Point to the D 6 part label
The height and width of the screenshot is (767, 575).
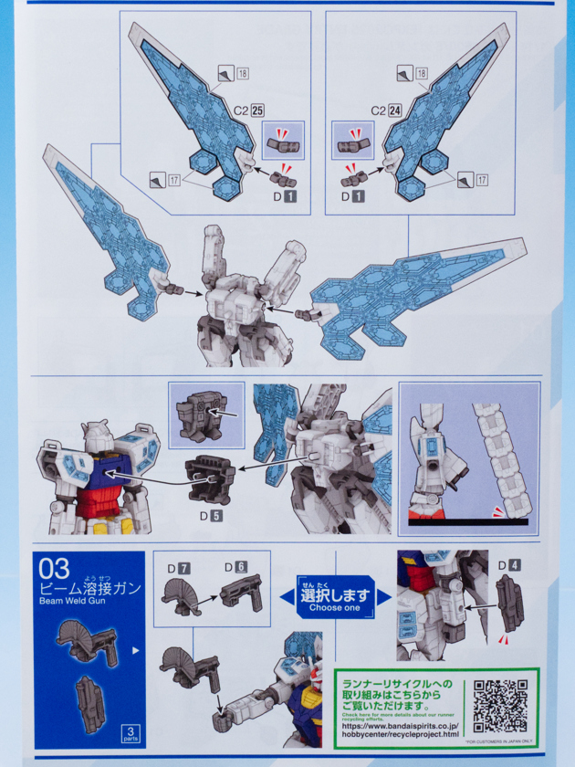[235, 568]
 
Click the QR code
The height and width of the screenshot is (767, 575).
[500, 706]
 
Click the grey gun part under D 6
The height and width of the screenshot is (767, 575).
[241, 594]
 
